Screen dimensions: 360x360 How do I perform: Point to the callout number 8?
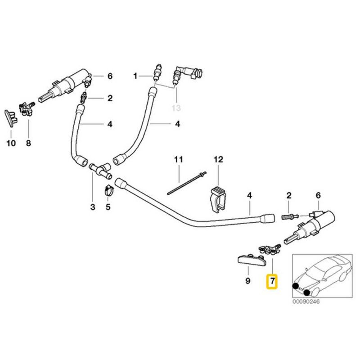(x=29, y=144)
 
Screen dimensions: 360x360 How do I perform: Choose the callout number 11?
(x=178, y=159)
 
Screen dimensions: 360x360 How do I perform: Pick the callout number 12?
(x=218, y=159)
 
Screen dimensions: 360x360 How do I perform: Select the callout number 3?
(x=93, y=207)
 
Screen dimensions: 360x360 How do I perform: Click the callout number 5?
(x=108, y=207)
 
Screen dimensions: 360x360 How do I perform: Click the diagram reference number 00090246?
(x=306, y=302)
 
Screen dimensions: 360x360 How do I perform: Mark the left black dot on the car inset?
(x=296, y=286)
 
